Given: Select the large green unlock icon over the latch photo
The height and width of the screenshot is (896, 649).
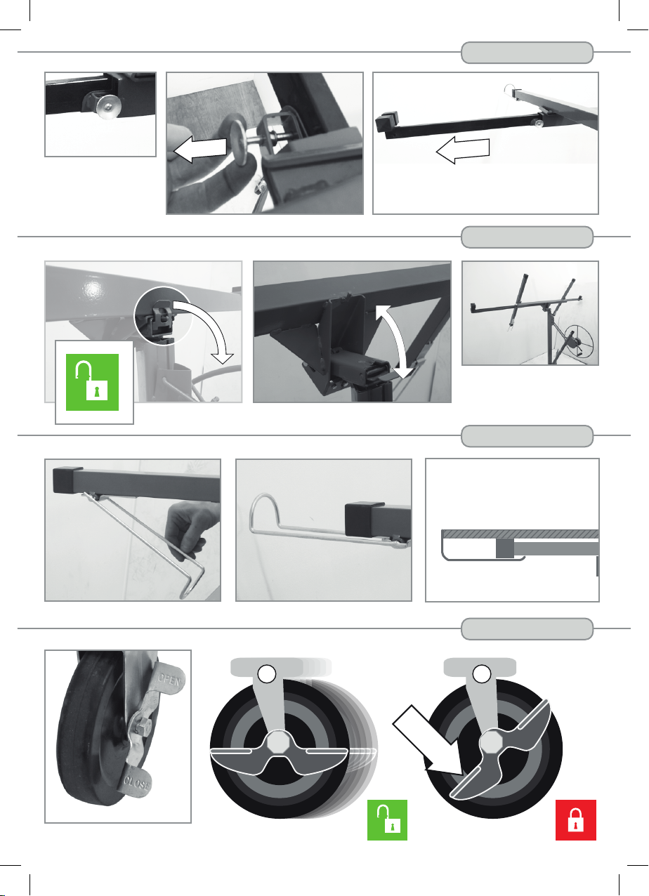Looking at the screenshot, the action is pyautogui.click(x=92, y=382).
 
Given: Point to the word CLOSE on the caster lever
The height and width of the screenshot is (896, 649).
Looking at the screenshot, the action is pyautogui.click(x=137, y=783).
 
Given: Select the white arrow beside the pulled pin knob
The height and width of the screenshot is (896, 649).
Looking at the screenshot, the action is pyautogui.click(x=200, y=149).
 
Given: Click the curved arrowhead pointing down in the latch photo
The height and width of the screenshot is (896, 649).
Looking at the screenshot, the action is pyautogui.click(x=223, y=358).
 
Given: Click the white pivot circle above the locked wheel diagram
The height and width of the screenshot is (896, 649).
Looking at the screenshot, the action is pyautogui.click(x=482, y=674).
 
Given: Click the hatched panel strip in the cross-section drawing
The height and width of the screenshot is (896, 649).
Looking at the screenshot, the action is pyautogui.click(x=520, y=534).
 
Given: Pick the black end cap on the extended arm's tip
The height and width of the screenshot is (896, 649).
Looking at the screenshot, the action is pyautogui.click(x=386, y=122).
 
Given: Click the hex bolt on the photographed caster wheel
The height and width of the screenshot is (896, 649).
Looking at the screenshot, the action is pyautogui.click(x=142, y=725).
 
